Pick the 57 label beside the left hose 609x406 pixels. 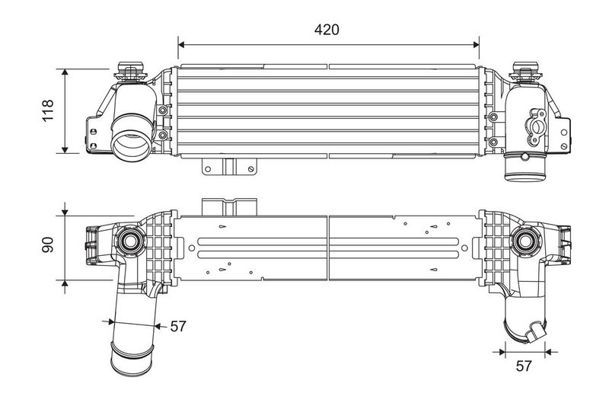pos(177,326)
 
